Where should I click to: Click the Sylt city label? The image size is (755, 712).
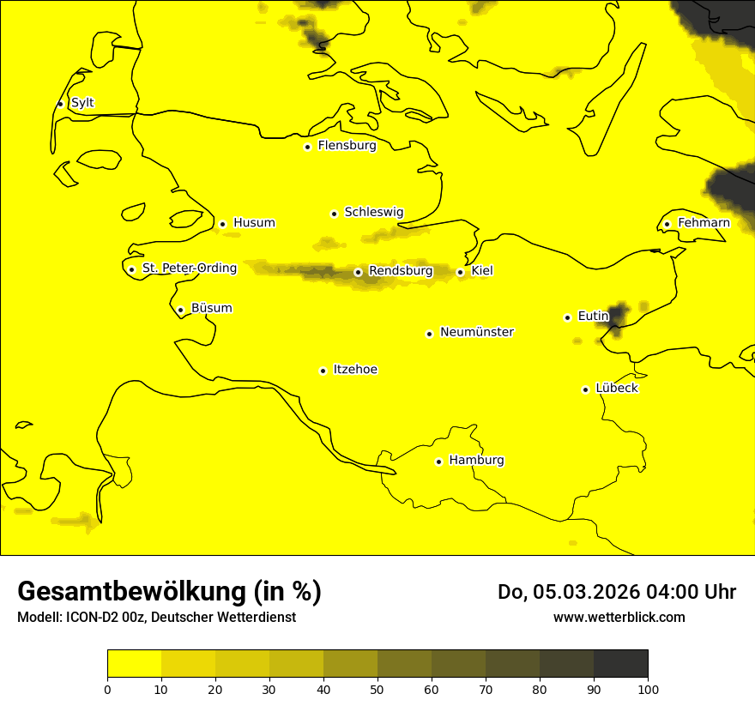(82, 103)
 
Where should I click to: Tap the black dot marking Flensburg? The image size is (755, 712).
(307, 147)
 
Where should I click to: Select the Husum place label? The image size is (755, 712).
(254, 223)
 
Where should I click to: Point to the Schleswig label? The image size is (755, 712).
(373, 212)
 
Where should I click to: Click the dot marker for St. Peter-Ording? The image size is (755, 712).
(131, 269)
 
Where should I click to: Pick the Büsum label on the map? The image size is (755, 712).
(211, 308)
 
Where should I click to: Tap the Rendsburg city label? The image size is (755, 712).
(401, 271)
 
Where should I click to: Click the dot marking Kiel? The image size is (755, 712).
(460, 272)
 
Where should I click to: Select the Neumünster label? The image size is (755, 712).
(477, 332)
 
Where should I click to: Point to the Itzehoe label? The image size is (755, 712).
(355, 370)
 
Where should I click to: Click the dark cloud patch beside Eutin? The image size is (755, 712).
(618, 314)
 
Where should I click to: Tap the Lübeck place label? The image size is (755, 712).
(616, 388)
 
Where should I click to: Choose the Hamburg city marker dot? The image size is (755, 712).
(438, 462)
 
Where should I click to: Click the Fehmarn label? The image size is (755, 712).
(704, 223)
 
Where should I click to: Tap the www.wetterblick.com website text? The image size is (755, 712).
(619, 617)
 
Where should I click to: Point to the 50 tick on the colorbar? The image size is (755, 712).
(377, 689)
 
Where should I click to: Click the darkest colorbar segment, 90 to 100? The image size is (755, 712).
(620, 663)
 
